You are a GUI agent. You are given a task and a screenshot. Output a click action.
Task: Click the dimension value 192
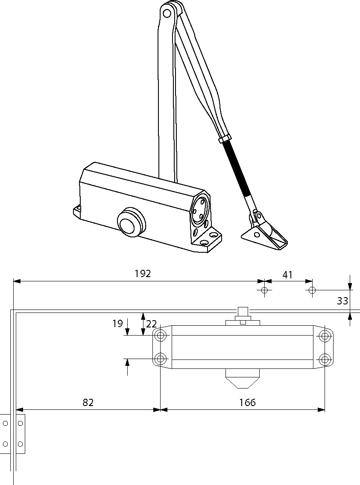[x=143, y=274]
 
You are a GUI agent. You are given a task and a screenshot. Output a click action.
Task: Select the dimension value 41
[x=288, y=275]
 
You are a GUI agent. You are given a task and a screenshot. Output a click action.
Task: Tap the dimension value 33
[x=342, y=301]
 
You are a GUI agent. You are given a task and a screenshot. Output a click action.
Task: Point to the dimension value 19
[x=118, y=324]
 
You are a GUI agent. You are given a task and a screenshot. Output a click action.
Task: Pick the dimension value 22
[x=151, y=324]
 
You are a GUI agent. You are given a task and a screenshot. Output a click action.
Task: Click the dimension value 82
[x=88, y=402]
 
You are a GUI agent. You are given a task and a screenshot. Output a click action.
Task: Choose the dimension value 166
[x=247, y=402]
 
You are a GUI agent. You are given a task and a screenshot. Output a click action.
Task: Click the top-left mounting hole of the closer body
[x=161, y=335]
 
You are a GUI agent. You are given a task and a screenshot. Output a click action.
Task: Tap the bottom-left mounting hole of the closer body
[x=161, y=358]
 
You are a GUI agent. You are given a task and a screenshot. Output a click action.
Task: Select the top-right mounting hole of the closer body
[x=325, y=335]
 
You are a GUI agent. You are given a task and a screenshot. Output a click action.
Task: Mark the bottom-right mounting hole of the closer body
[x=325, y=358]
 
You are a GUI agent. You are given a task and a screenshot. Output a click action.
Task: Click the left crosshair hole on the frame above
[x=264, y=291]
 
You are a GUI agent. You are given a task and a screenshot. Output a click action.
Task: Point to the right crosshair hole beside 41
[x=312, y=291]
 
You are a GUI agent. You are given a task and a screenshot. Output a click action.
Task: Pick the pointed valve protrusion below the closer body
[x=243, y=379]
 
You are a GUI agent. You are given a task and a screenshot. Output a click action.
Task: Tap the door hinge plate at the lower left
[x=13, y=433]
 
